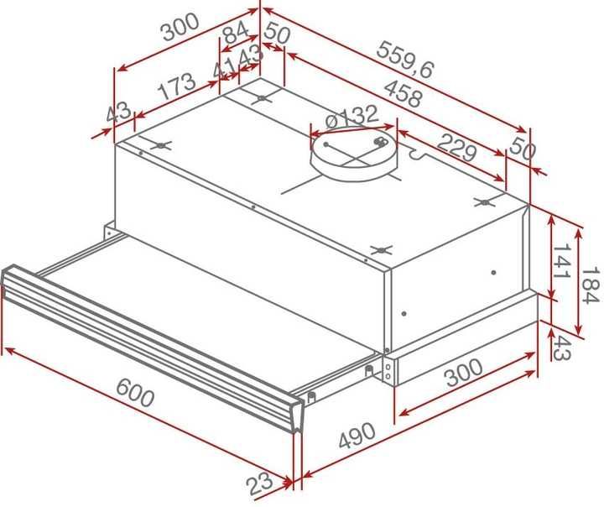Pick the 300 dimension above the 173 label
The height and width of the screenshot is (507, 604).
coord(180,30)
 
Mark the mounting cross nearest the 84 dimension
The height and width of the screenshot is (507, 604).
coord(262,99)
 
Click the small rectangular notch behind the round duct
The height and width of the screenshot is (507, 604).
coord(418,154)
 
